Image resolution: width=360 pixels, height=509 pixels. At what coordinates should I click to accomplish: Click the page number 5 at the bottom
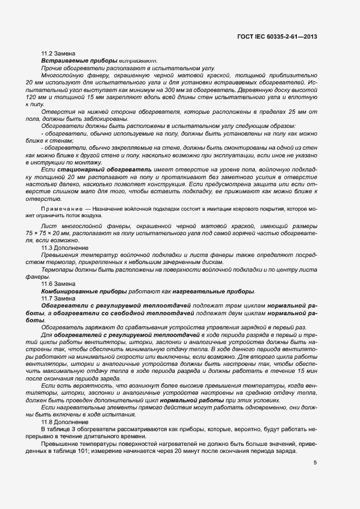[x=315, y=463]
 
